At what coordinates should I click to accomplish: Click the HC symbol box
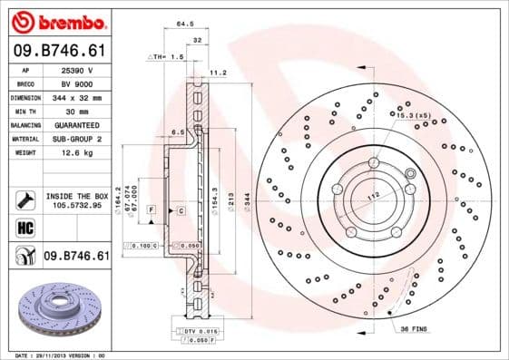coord(25,228)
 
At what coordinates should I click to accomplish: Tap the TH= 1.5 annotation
coord(165,56)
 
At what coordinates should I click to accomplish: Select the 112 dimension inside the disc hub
coord(372,197)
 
